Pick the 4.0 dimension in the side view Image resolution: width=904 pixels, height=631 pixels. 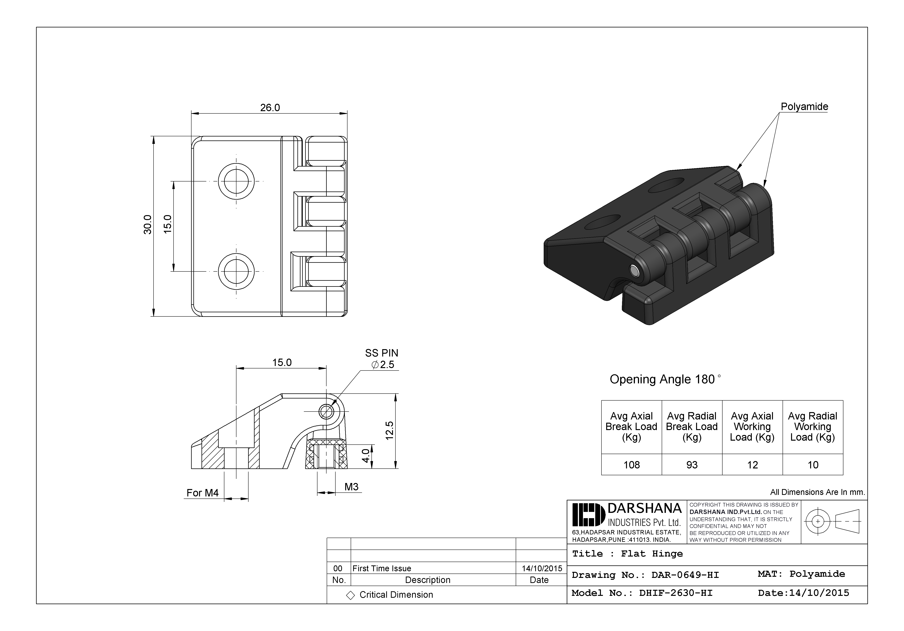coord(366,456)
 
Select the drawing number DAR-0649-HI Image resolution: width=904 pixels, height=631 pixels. coord(685,575)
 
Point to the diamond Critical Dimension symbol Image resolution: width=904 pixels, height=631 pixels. coord(350,595)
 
